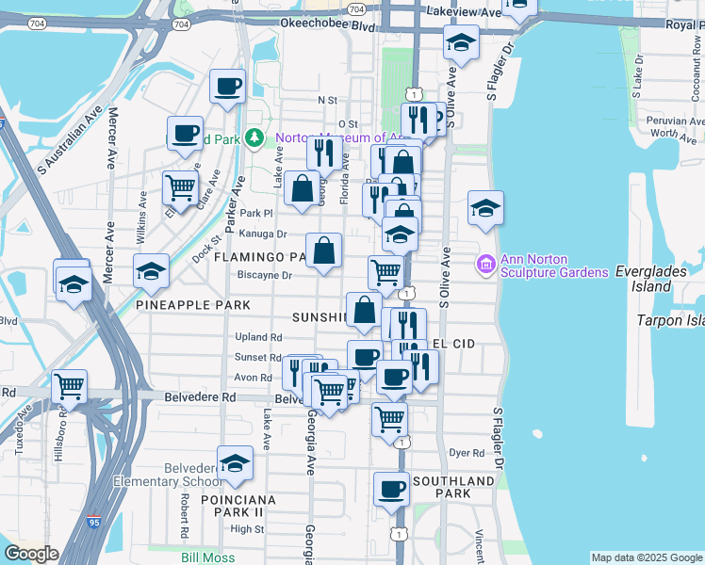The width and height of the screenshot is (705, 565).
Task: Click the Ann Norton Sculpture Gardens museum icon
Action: (486, 265)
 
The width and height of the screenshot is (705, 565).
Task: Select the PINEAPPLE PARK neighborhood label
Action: (193, 305)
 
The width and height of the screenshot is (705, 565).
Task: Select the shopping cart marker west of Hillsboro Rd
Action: (70, 385)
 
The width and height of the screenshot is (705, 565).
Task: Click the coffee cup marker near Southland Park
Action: (391, 489)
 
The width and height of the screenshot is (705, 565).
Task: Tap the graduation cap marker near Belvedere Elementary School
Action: (235, 462)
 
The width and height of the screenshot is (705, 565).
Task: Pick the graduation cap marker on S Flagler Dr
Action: (484, 207)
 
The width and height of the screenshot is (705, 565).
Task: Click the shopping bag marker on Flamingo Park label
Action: (323, 250)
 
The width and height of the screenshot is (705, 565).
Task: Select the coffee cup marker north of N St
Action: (228, 87)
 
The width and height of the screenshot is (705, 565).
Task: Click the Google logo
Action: (31, 554)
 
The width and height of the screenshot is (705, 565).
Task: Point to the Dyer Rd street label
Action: (466, 453)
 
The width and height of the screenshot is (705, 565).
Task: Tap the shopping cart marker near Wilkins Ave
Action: (179, 186)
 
